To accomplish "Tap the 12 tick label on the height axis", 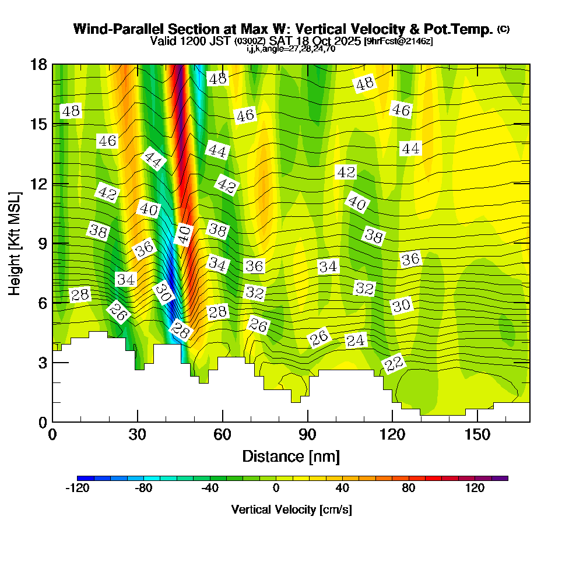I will click(x=38, y=184).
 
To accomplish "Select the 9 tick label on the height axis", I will click(x=42, y=243).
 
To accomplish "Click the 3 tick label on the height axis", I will click(x=42, y=363).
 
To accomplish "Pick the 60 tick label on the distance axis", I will click(x=223, y=434).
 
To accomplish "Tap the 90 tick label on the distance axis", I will click(x=307, y=434).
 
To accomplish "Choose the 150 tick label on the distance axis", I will click(x=477, y=434).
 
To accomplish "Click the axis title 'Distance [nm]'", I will click(x=291, y=455).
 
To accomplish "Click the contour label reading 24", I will click(x=356, y=340).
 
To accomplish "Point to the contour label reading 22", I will click(x=394, y=364).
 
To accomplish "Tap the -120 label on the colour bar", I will click(x=77, y=488).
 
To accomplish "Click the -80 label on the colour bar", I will click(x=144, y=488).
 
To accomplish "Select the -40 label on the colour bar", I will click(x=210, y=488).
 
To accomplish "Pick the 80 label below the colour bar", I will click(x=409, y=488).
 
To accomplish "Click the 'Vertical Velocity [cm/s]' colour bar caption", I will click(x=291, y=510).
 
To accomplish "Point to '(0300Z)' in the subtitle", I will click(x=251, y=42).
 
